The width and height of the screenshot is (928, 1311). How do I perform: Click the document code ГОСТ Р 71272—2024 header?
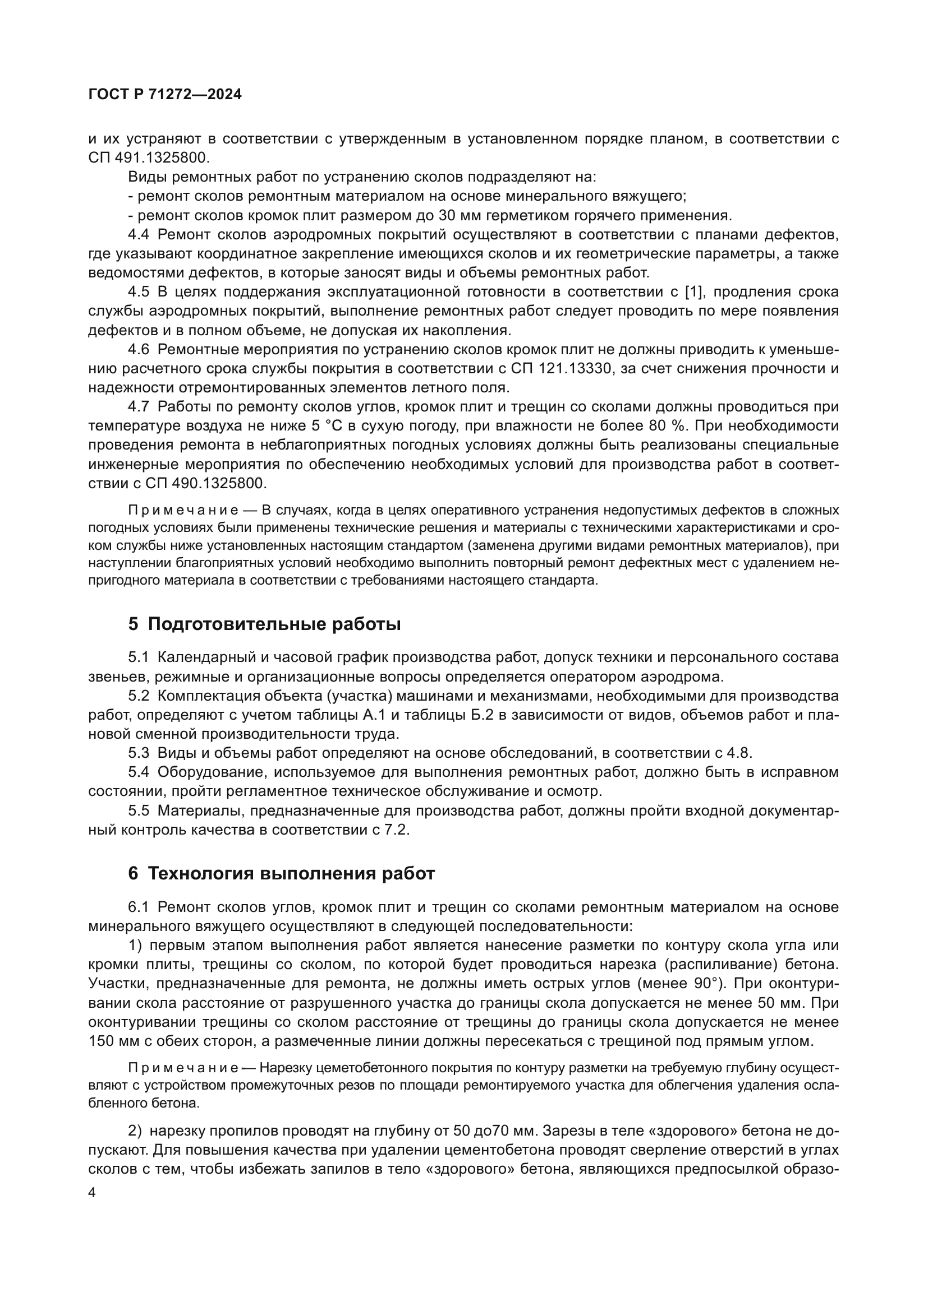pos(165,95)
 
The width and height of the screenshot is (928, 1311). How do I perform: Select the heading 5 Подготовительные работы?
pos(264,624)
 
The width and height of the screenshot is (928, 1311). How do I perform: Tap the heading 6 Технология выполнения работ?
pos(281,874)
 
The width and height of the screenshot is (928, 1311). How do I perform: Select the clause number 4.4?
pos(138,235)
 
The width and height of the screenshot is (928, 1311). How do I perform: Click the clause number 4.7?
pos(138,407)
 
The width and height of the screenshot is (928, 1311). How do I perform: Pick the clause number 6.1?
pos(138,907)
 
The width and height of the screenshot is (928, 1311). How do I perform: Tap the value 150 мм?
pos(111,1041)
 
